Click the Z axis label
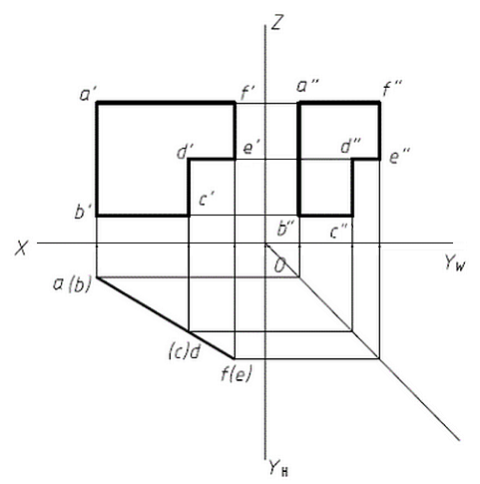tap(276, 22)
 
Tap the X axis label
tap(21, 248)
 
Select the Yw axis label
tap(455, 263)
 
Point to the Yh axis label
tap(278, 467)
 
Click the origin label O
tap(279, 265)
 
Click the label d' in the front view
tap(186, 152)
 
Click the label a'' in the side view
tap(307, 87)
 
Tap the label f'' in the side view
tap(392, 88)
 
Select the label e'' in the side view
tap(399, 156)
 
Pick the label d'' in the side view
tap(351, 147)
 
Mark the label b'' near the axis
tap(285, 229)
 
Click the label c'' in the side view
tap(340, 232)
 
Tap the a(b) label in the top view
tap(72, 285)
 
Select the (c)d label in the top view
tap(185, 351)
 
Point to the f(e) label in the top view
tap(237, 374)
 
